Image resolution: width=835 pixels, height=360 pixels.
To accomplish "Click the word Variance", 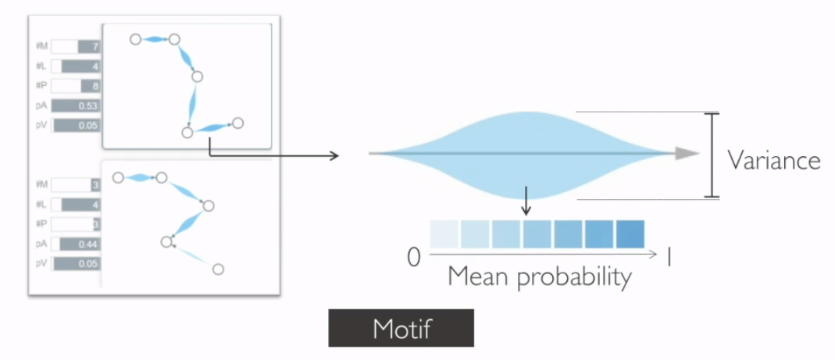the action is click(x=773, y=160).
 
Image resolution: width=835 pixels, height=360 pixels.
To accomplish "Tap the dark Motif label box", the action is click(x=401, y=328).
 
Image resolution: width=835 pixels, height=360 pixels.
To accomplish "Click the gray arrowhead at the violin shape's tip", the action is click(x=687, y=154).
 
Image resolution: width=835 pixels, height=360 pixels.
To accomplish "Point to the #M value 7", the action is click(x=95, y=48).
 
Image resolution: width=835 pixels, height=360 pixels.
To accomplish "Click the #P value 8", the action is click(x=95, y=86).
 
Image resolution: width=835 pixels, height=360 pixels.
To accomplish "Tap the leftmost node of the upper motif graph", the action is click(x=135, y=38).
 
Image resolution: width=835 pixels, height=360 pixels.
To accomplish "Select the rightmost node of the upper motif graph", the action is click(x=237, y=123).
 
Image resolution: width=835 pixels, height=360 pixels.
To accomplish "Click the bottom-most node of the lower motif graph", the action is click(x=219, y=269).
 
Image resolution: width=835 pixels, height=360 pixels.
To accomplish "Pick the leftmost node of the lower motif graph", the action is click(x=118, y=178).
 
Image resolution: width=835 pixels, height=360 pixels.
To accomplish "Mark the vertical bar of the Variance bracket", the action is click(x=711, y=155).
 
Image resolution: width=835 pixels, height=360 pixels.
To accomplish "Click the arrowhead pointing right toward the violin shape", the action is click(x=335, y=155).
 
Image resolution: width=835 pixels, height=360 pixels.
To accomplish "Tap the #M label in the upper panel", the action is click(x=41, y=48).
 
